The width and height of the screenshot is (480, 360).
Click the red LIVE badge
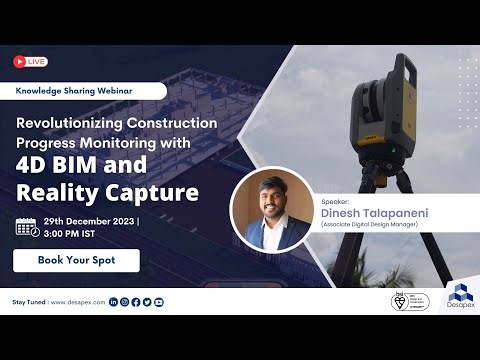point(30,62)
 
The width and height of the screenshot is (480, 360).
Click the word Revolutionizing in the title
point(69,122)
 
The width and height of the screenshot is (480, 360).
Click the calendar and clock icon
point(27,226)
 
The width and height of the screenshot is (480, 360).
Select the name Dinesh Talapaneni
point(371,212)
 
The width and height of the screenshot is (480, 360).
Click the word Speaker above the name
point(337,200)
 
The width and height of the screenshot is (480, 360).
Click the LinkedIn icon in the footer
point(113,301)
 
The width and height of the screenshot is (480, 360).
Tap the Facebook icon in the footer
point(135,301)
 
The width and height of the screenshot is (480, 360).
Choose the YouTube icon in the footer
point(158,301)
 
